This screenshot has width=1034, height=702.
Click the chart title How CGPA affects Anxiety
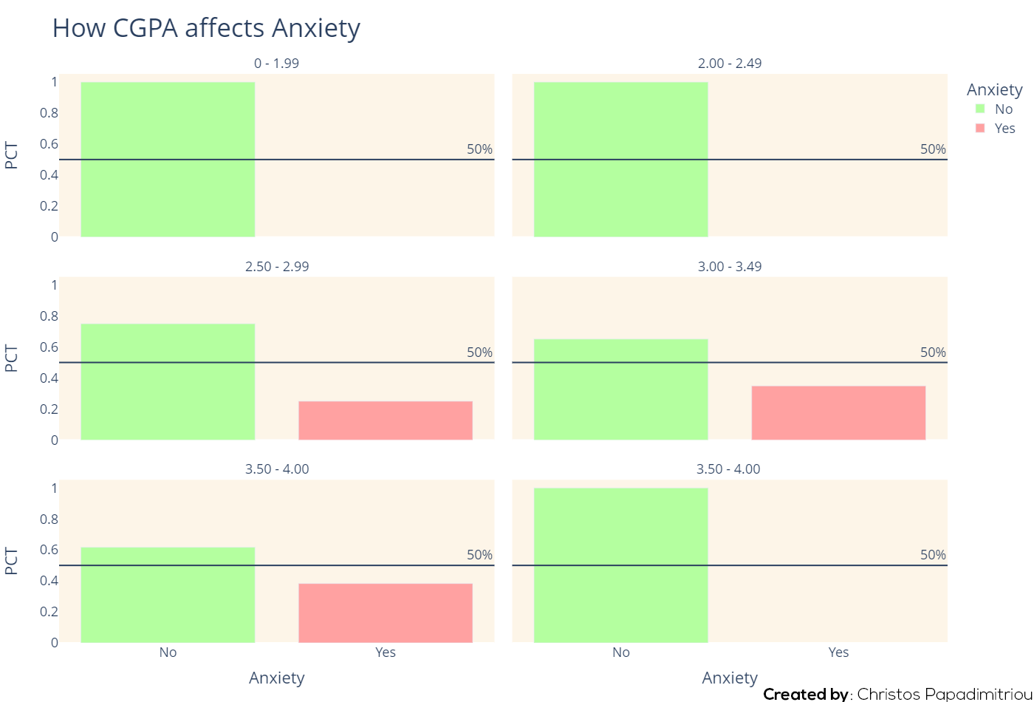[206, 29]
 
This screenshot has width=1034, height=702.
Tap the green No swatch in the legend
[980, 109]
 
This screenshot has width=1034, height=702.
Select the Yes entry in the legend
[1004, 128]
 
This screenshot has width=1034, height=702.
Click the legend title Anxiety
[995, 89]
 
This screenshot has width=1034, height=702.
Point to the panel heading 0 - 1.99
[276, 64]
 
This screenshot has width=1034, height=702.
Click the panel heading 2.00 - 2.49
[730, 64]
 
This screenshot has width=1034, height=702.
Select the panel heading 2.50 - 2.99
[277, 267]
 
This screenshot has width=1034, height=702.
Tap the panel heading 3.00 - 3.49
[730, 267]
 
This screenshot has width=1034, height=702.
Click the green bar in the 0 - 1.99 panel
[168, 160]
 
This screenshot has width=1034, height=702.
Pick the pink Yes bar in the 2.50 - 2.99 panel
[386, 420]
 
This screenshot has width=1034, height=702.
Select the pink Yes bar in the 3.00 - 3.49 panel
[838, 413]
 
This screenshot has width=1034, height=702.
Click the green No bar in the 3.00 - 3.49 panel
[621, 389]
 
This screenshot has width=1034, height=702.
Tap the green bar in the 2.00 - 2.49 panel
[621, 160]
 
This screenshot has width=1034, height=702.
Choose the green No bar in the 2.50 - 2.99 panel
[168, 381]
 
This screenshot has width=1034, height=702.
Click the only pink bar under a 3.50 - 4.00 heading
[386, 613]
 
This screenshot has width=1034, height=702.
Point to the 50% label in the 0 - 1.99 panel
[479, 149]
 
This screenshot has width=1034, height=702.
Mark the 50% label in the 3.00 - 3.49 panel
[933, 352]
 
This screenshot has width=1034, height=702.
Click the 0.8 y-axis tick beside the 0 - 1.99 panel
[49, 113]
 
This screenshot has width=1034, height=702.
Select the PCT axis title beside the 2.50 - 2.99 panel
[11, 358]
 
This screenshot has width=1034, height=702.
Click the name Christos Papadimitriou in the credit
[944, 694]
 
